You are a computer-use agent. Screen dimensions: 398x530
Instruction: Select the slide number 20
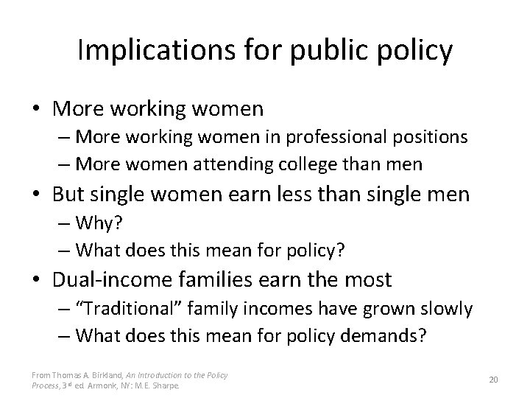pyautogui.click(x=494, y=379)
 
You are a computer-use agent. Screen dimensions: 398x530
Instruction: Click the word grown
pyautogui.click(x=379, y=308)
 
